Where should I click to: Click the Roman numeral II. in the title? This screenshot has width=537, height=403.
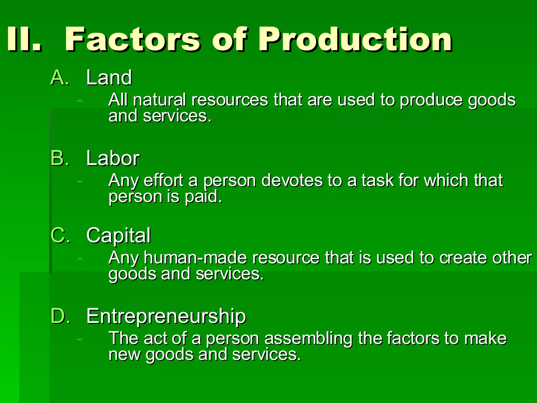click(x=24, y=39)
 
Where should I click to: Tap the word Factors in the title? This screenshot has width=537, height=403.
click(x=133, y=39)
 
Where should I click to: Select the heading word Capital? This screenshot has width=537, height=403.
click(x=119, y=236)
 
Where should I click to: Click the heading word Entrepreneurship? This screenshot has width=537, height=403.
click(x=166, y=316)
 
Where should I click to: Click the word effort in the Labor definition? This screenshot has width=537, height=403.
click(x=163, y=181)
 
